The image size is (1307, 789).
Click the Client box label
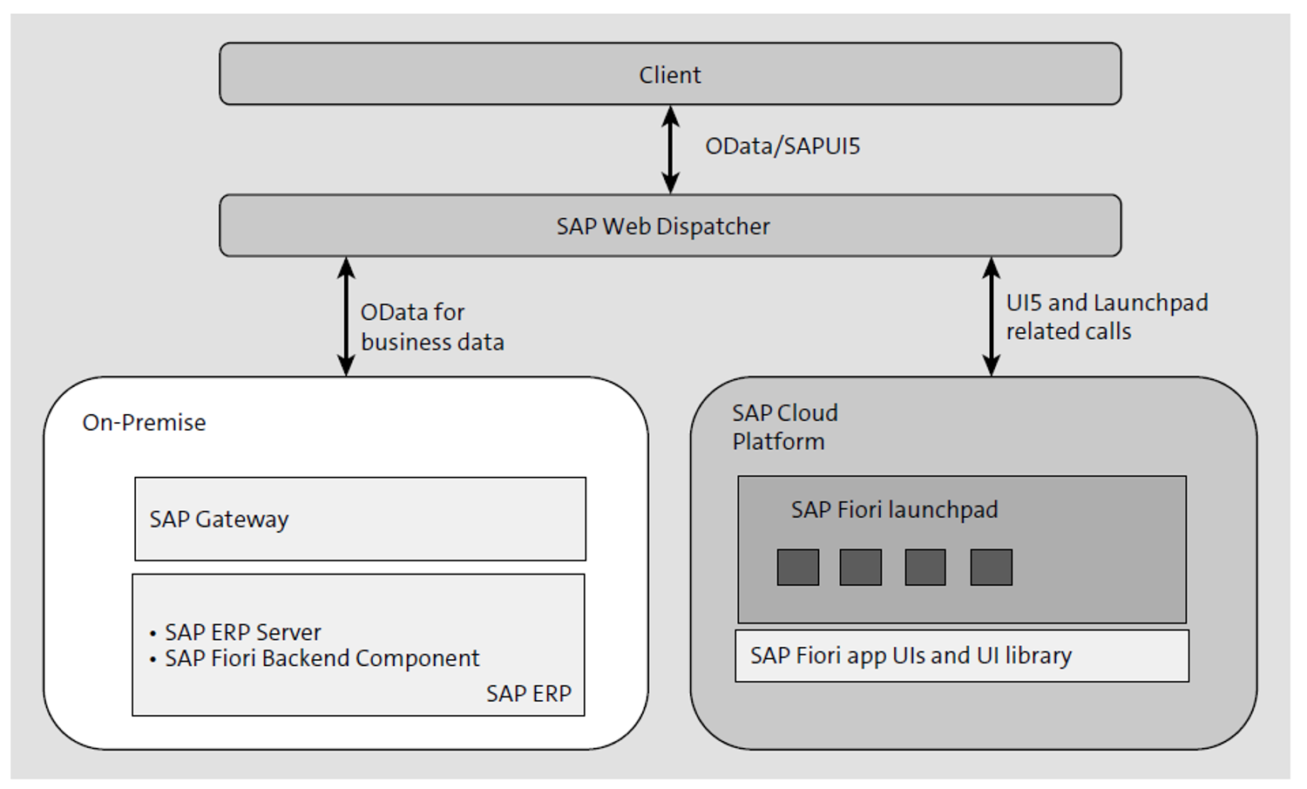point(669,75)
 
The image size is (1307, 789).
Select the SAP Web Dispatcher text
point(663,227)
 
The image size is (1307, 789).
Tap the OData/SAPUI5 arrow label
point(782,146)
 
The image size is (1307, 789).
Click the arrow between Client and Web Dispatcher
point(670,149)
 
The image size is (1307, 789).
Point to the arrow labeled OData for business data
point(346,316)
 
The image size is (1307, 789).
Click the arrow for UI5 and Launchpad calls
point(991,316)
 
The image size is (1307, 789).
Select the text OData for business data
point(432,327)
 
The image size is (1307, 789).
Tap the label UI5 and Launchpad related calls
point(1106,316)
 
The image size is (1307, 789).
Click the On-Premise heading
point(144,423)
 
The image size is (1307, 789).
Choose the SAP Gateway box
point(360,519)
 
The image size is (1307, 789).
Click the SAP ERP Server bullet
point(242,632)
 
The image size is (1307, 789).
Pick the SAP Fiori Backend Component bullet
point(321,658)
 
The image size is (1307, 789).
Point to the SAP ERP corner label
point(528,694)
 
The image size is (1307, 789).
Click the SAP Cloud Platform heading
point(783,427)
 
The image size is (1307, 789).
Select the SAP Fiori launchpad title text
point(894,510)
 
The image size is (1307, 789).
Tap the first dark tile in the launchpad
point(797,568)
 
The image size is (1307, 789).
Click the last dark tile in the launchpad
point(991,568)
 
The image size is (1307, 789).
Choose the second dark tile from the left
point(860,568)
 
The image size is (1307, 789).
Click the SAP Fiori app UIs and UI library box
point(961,656)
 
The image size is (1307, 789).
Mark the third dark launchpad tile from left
point(925,568)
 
